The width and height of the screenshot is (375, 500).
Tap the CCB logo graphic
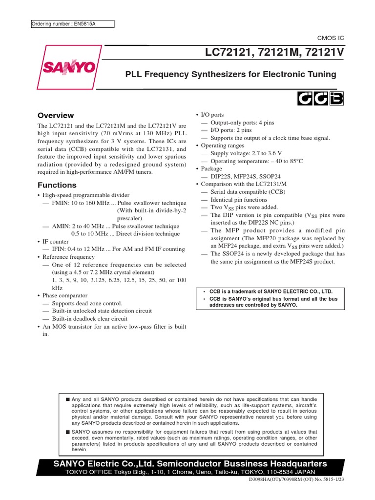coord(320,99)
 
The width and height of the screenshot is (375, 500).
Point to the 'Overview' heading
coord(56,116)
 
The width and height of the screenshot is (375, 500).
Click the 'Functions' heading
coord(57,185)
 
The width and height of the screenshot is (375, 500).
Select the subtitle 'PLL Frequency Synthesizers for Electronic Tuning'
coord(230,74)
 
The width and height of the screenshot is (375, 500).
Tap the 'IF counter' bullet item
coord(55,241)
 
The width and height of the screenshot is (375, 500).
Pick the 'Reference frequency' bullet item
coord(68,257)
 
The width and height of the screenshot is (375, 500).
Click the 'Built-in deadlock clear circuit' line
coord(89,319)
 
